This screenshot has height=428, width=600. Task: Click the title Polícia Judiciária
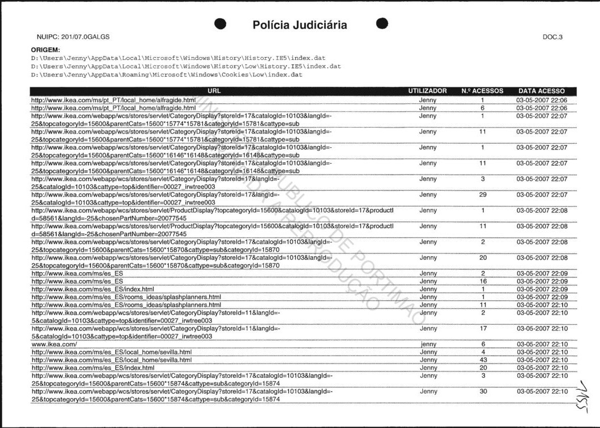[300, 25]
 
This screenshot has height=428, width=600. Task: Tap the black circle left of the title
[221, 23]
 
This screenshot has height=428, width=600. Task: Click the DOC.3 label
[553, 37]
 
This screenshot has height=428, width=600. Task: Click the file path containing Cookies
[166, 75]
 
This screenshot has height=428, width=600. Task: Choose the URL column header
[214, 91]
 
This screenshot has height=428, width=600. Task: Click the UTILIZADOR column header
[427, 91]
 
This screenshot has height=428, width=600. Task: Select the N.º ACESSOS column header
[483, 91]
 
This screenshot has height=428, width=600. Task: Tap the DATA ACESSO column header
[541, 91]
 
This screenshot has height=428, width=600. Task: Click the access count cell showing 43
[483, 360]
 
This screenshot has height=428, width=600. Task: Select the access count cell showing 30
[483, 392]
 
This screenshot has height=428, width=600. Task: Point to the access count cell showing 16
[483, 281]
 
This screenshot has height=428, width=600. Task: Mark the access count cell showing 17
[483, 329]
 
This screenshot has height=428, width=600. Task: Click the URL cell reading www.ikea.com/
[54, 345]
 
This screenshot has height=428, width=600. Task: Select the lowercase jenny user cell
[428, 345]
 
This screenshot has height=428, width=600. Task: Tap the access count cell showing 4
[483, 353]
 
